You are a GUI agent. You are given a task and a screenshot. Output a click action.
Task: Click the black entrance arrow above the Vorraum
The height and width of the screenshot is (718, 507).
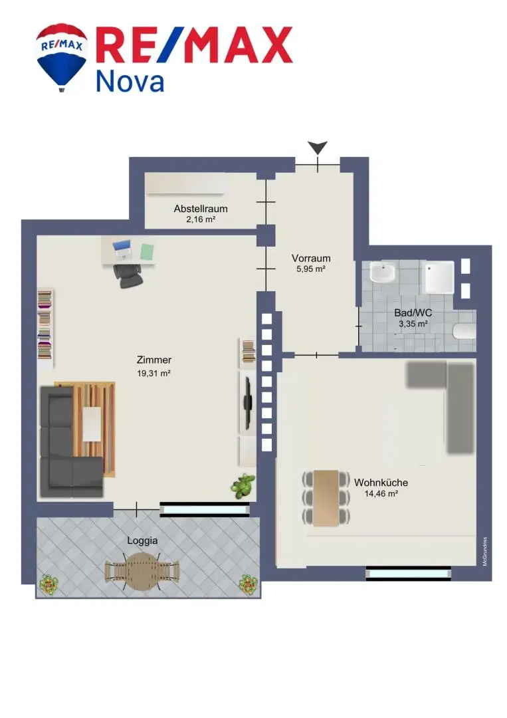pos(318,148)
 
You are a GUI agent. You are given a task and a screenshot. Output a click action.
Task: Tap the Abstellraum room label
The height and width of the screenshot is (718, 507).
pos(201,209)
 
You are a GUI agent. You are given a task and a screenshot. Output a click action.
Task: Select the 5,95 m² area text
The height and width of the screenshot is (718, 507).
pos(311,269)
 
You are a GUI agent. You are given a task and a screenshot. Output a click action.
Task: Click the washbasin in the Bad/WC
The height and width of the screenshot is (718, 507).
pos(383,273)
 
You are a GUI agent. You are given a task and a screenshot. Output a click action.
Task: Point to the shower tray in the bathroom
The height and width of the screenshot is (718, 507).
pos(439,277)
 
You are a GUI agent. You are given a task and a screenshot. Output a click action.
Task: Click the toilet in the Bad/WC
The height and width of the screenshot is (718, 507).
pos(464,331)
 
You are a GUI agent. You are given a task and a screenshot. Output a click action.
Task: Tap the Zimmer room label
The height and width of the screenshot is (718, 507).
pos(153,360)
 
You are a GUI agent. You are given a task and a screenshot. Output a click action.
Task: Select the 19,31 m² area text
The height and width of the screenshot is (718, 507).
pos(153,373)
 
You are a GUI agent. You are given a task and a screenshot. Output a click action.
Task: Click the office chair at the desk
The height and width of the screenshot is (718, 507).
pos(128,276)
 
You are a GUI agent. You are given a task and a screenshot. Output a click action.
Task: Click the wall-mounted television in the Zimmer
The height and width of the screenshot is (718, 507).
pos(248,402)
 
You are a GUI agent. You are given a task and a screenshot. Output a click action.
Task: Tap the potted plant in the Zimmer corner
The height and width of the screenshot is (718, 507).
pos(243,486)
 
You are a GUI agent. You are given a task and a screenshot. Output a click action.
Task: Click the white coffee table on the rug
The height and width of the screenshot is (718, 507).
pos(92,424)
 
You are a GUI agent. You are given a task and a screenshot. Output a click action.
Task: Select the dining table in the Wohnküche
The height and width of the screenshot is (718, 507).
pos(326,498)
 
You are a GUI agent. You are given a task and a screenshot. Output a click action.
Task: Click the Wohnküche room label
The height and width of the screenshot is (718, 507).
pos(381,483)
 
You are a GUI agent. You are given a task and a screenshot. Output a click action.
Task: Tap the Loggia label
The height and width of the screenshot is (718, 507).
pos(142,540)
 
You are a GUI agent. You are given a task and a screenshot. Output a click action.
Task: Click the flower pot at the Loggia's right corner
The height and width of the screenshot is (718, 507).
pos(249,585)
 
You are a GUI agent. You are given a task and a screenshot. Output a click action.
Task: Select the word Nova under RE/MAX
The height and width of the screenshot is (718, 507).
pos(130,82)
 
